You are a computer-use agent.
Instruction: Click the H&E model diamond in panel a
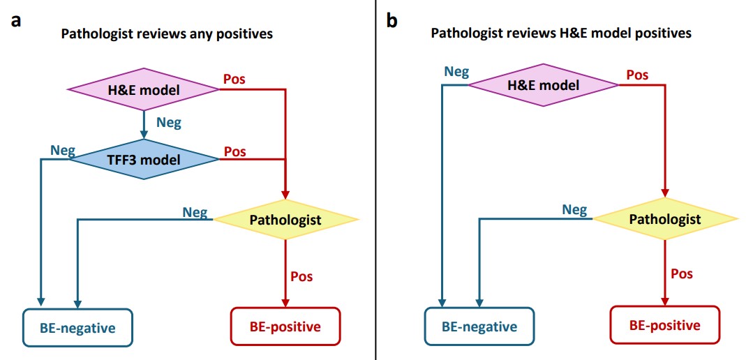tap(143, 89)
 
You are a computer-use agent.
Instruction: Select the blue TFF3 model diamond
tap(143, 160)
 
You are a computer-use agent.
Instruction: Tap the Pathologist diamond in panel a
tap(285, 220)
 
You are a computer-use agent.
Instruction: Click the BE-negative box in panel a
tap(77, 326)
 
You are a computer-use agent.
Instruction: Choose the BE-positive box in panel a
tap(285, 326)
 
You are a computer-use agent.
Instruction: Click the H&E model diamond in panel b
tap(543, 85)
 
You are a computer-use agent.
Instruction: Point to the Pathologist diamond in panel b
tap(665, 219)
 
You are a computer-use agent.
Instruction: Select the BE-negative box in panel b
tap(479, 326)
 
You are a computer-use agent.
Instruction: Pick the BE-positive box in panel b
tap(664, 325)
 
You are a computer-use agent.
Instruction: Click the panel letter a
tap(15, 20)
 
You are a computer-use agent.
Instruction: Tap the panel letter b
tap(392, 20)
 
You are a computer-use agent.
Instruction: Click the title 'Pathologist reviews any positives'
tap(167, 33)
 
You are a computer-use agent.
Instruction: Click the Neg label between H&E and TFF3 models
tap(169, 123)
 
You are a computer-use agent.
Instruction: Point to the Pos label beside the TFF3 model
tap(234, 151)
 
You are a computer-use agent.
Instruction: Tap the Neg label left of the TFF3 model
tap(62, 150)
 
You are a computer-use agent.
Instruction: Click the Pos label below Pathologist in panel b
tap(682, 273)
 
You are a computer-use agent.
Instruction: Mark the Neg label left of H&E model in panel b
tap(456, 71)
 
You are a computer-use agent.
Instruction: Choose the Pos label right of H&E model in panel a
tap(234, 80)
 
